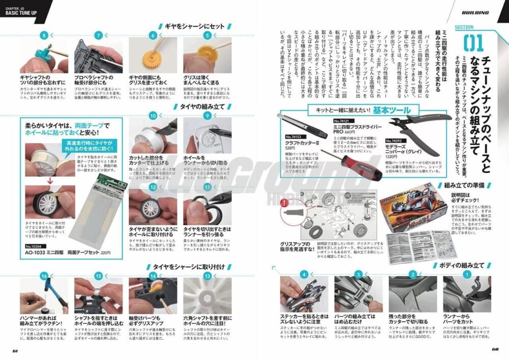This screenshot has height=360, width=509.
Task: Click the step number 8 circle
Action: tap(44, 35)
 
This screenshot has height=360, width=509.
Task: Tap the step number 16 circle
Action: tap(44, 275)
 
